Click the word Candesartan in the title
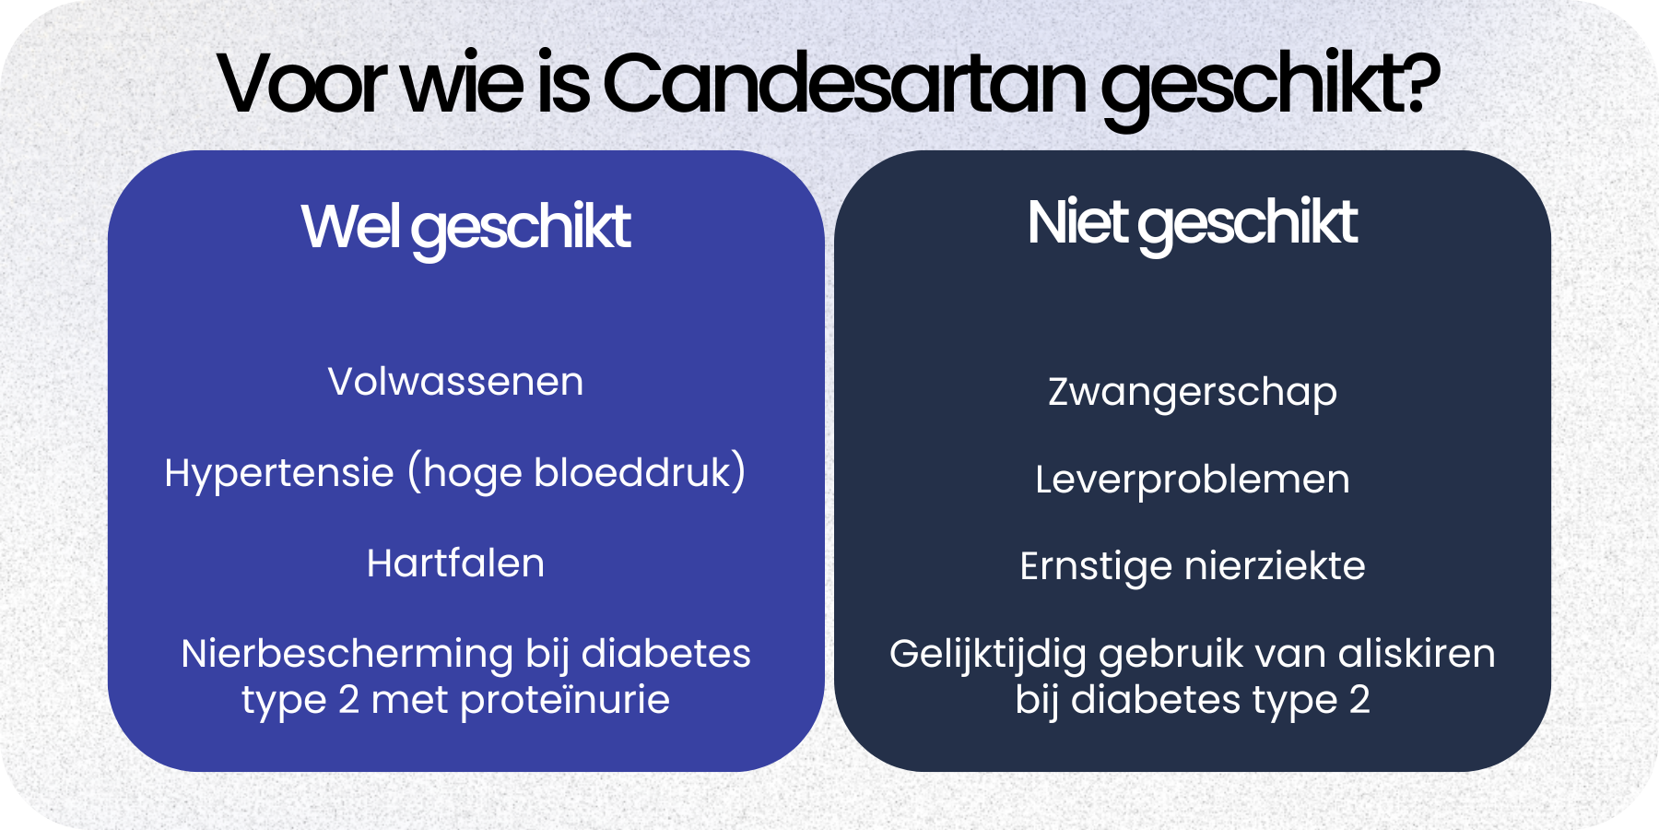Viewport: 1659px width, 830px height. tap(845, 85)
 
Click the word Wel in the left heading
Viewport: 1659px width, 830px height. tap(349, 227)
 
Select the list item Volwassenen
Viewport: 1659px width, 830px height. tap(455, 382)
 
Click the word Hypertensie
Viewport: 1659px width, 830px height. tap(279, 474)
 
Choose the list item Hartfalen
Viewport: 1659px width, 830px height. tap(455, 563)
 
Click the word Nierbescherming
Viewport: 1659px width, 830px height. tap(347, 654)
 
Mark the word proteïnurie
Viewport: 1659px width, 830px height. tap(565, 700)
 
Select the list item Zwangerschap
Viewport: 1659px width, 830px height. tap(1192, 393)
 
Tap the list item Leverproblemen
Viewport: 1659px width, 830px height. tap(1192, 480)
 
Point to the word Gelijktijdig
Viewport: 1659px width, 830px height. tap(988, 655)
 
